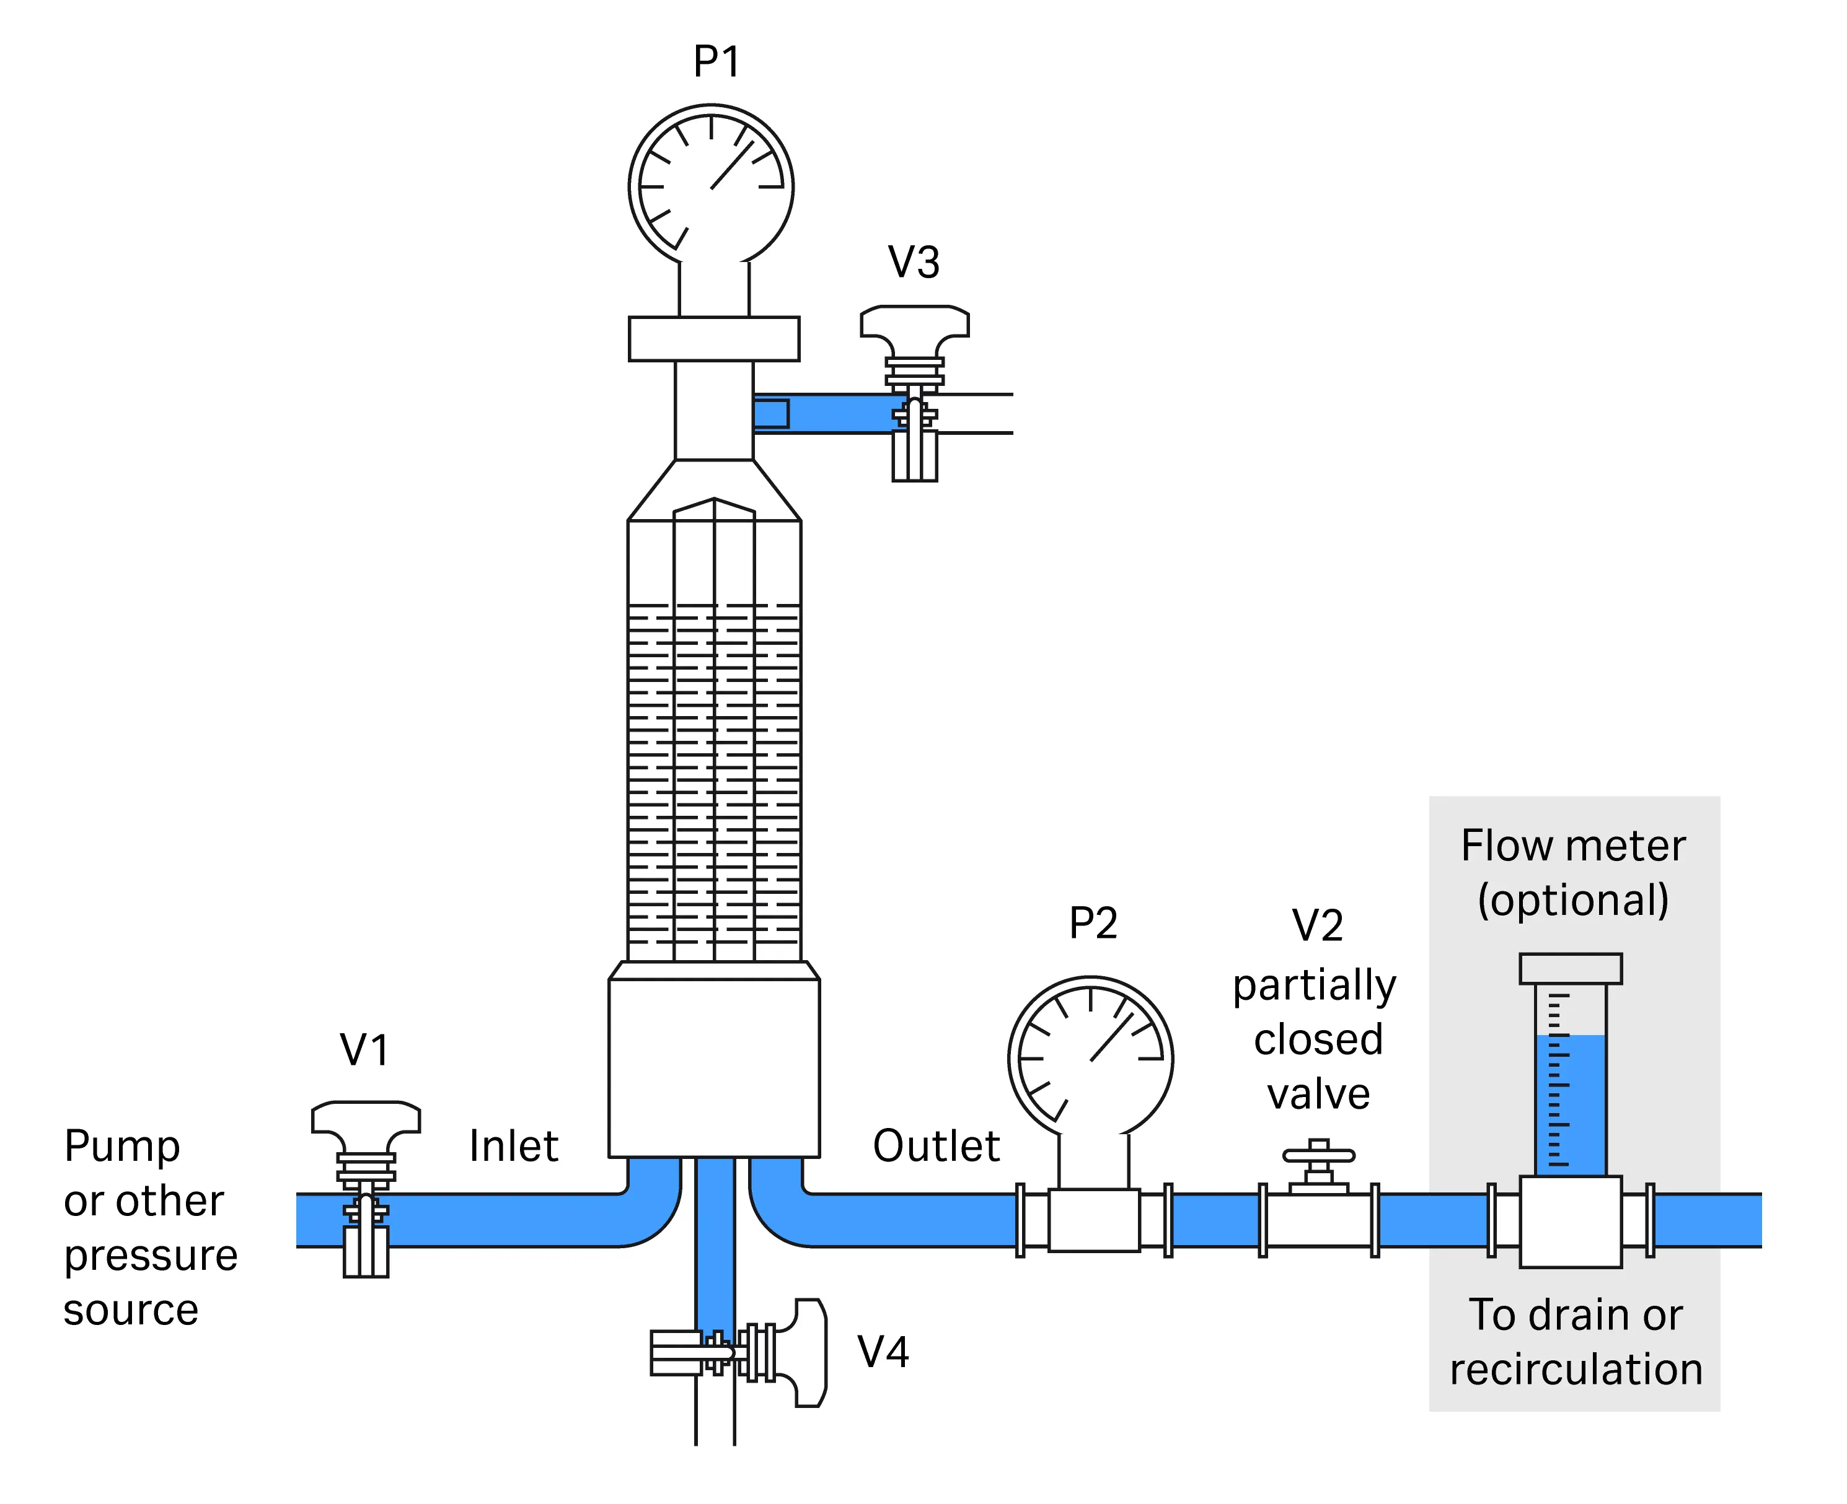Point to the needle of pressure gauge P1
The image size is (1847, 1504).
pyautogui.click(x=733, y=165)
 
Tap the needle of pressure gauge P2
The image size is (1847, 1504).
pyautogui.click(x=1111, y=1037)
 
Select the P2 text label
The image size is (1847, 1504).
pyautogui.click(x=1092, y=923)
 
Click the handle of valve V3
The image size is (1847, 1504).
pyautogui.click(x=914, y=321)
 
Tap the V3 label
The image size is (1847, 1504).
pyautogui.click(x=914, y=263)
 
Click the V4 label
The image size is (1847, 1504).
pyautogui.click(x=883, y=1352)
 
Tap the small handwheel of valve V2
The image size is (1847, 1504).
pyautogui.click(x=1318, y=1155)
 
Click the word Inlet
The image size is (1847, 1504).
pyautogui.click(x=513, y=1146)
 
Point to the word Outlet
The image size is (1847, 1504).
pyautogui.click(x=935, y=1146)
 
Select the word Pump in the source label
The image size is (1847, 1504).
pyautogui.click(x=122, y=1147)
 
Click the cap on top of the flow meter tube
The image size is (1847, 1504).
pyautogui.click(x=1570, y=969)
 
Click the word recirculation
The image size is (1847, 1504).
pyautogui.click(x=1576, y=1370)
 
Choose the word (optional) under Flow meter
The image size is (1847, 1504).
pyautogui.click(x=1572, y=899)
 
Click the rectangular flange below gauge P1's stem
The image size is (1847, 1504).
pyautogui.click(x=713, y=339)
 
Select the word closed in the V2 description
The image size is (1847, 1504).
pyautogui.click(x=1318, y=1039)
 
